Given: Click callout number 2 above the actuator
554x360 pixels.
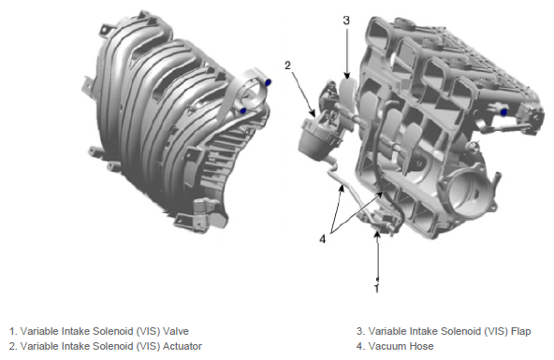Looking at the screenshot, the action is click(287, 65).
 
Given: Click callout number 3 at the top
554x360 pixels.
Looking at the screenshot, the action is click(346, 21).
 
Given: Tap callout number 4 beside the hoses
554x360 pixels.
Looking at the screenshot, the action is click(322, 239).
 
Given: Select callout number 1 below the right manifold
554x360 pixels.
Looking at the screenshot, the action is click(376, 288).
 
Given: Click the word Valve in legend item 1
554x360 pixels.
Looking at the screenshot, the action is click(176, 331).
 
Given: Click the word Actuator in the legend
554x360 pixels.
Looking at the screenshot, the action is click(182, 346).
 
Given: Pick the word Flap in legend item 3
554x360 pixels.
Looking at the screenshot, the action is click(521, 331).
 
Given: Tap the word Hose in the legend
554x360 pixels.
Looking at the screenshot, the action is click(422, 346).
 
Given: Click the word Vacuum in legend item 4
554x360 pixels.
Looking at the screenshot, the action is click(387, 346).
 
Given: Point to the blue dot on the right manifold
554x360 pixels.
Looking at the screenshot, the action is click(504, 112).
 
